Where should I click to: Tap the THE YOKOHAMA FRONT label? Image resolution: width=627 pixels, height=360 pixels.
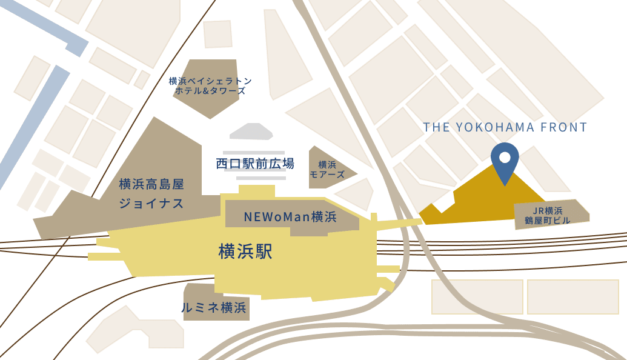tap(505, 127)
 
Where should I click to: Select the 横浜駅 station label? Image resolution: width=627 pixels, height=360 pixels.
tap(245, 252)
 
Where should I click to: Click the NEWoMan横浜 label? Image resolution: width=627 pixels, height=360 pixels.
tap(290, 216)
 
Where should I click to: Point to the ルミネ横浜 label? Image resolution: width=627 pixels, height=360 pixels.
tap(214, 308)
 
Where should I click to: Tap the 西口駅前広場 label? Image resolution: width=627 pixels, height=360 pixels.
tap(255, 163)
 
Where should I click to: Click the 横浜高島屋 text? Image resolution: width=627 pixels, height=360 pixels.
tap(151, 184)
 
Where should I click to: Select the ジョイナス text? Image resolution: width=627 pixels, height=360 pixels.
tap(151, 203)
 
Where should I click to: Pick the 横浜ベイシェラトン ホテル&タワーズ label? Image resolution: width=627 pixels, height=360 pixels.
tap(210, 86)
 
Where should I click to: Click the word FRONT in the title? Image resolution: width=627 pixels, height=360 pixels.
tap(565, 127)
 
